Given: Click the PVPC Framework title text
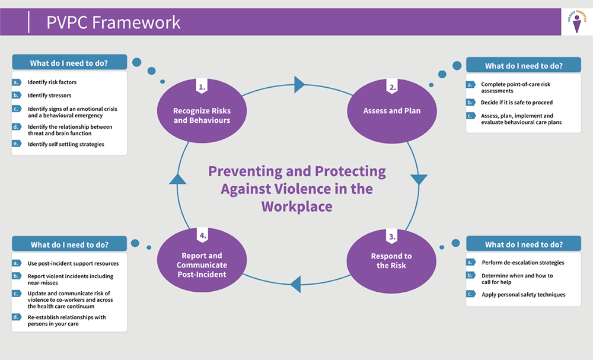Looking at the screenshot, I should pos(113,23).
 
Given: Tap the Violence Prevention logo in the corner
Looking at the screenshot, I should pos(576,22).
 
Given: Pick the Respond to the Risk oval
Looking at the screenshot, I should pos(391,260).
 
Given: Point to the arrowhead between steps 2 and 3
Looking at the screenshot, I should pos(419,179).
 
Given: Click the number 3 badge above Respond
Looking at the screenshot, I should pos(392,237).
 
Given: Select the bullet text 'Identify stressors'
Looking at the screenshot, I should pos(49,95).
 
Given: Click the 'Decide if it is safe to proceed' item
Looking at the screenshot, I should pos(517,103).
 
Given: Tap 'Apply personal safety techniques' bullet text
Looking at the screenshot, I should pos(523,294).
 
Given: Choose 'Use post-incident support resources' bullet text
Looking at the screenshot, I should pos(73,263).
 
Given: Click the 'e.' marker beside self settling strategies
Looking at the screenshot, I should pos(17,144).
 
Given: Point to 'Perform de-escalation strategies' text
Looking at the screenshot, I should pos(522,262).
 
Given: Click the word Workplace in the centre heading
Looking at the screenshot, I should pos(296,206).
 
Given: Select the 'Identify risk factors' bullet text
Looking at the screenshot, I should pos(52,82).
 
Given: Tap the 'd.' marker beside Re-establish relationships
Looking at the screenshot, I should pos(17,317).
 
